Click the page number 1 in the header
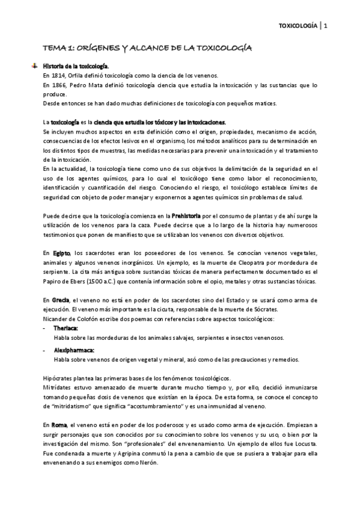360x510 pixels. pyautogui.click(x=325, y=25)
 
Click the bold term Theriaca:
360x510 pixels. pyautogui.click(x=66, y=328)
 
